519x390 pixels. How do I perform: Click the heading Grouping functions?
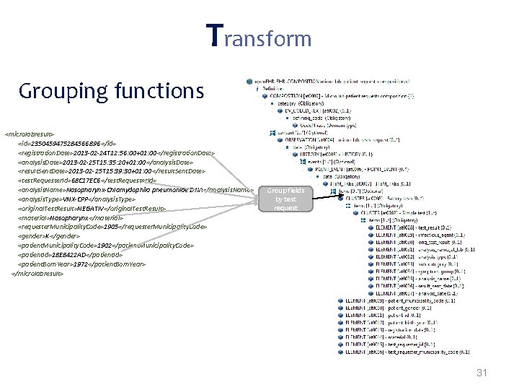112,92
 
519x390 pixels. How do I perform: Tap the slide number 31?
482,373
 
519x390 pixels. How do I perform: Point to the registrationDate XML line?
116,153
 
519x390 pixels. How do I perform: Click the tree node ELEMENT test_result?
411,227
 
